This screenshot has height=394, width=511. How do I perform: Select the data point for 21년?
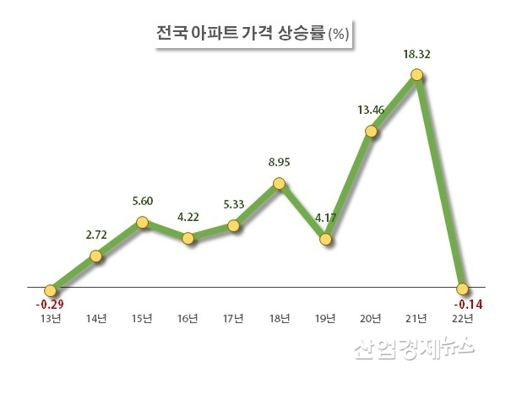(x=416, y=75)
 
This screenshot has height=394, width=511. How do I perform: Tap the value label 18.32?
(x=416, y=55)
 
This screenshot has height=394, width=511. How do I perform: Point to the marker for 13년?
(x=51, y=289)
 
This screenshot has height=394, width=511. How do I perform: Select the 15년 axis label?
(x=142, y=318)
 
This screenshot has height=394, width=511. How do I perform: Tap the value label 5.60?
(x=142, y=203)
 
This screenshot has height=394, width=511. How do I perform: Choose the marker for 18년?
(x=280, y=183)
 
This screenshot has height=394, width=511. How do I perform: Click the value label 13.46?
(x=371, y=111)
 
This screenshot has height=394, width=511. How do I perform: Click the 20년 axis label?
(x=371, y=318)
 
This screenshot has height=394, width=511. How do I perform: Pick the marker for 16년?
(x=188, y=238)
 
